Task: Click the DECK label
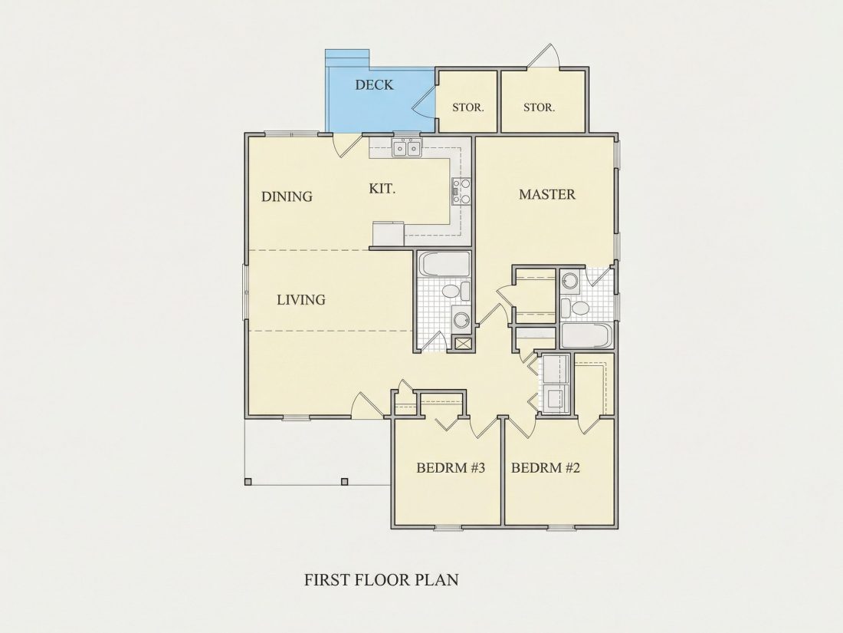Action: coord(374,84)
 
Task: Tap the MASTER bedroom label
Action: coord(546,194)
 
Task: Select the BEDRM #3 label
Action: coord(451,468)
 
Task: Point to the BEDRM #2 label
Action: coord(545,468)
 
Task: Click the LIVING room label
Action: coord(301,300)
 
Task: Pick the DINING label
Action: coord(287,196)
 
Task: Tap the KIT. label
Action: coord(382,189)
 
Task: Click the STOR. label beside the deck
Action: coord(467,107)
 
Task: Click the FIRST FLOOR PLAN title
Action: coord(382,580)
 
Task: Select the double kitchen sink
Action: coord(406,147)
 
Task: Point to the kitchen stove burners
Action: coord(461,191)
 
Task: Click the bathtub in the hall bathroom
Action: coord(444,264)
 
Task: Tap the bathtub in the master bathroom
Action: coord(586,336)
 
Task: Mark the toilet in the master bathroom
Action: coord(576,308)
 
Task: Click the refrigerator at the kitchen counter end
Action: coord(389,234)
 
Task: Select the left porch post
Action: coord(248,482)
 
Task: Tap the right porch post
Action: coord(345,482)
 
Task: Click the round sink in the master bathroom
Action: coord(570,280)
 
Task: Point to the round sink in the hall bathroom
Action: coord(461,320)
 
